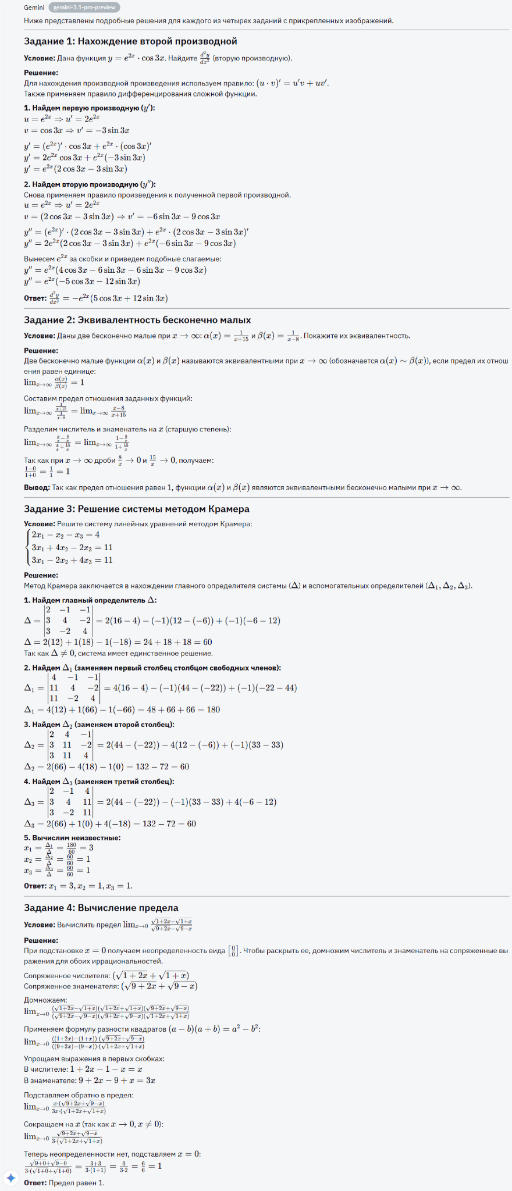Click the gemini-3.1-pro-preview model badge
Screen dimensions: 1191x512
(x=85, y=8)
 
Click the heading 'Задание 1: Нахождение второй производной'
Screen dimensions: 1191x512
(x=130, y=41)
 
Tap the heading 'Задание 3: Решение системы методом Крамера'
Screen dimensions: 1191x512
(x=137, y=509)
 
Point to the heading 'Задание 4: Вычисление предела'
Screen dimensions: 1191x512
(x=101, y=908)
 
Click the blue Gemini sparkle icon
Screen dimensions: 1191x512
(x=10, y=1178)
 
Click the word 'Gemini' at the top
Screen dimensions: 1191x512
(x=34, y=8)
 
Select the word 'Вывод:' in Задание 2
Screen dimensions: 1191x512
(x=37, y=487)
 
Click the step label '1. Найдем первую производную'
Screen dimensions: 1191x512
(x=90, y=108)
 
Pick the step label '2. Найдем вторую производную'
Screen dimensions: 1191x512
(x=90, y=184)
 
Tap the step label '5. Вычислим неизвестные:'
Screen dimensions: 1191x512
(x=72, y=838)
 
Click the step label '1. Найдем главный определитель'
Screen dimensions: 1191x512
(x=90, y=600)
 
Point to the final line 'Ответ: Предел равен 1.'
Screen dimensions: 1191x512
(x=64, y=1183)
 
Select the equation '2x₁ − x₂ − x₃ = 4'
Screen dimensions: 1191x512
(x=66, y=535)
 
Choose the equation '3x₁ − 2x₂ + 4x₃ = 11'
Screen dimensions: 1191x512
(x=72, y=560)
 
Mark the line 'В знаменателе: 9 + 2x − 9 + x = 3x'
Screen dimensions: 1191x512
(x=90, y=1081)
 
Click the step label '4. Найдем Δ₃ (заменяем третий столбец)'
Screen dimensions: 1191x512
(x=99, y=782)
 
